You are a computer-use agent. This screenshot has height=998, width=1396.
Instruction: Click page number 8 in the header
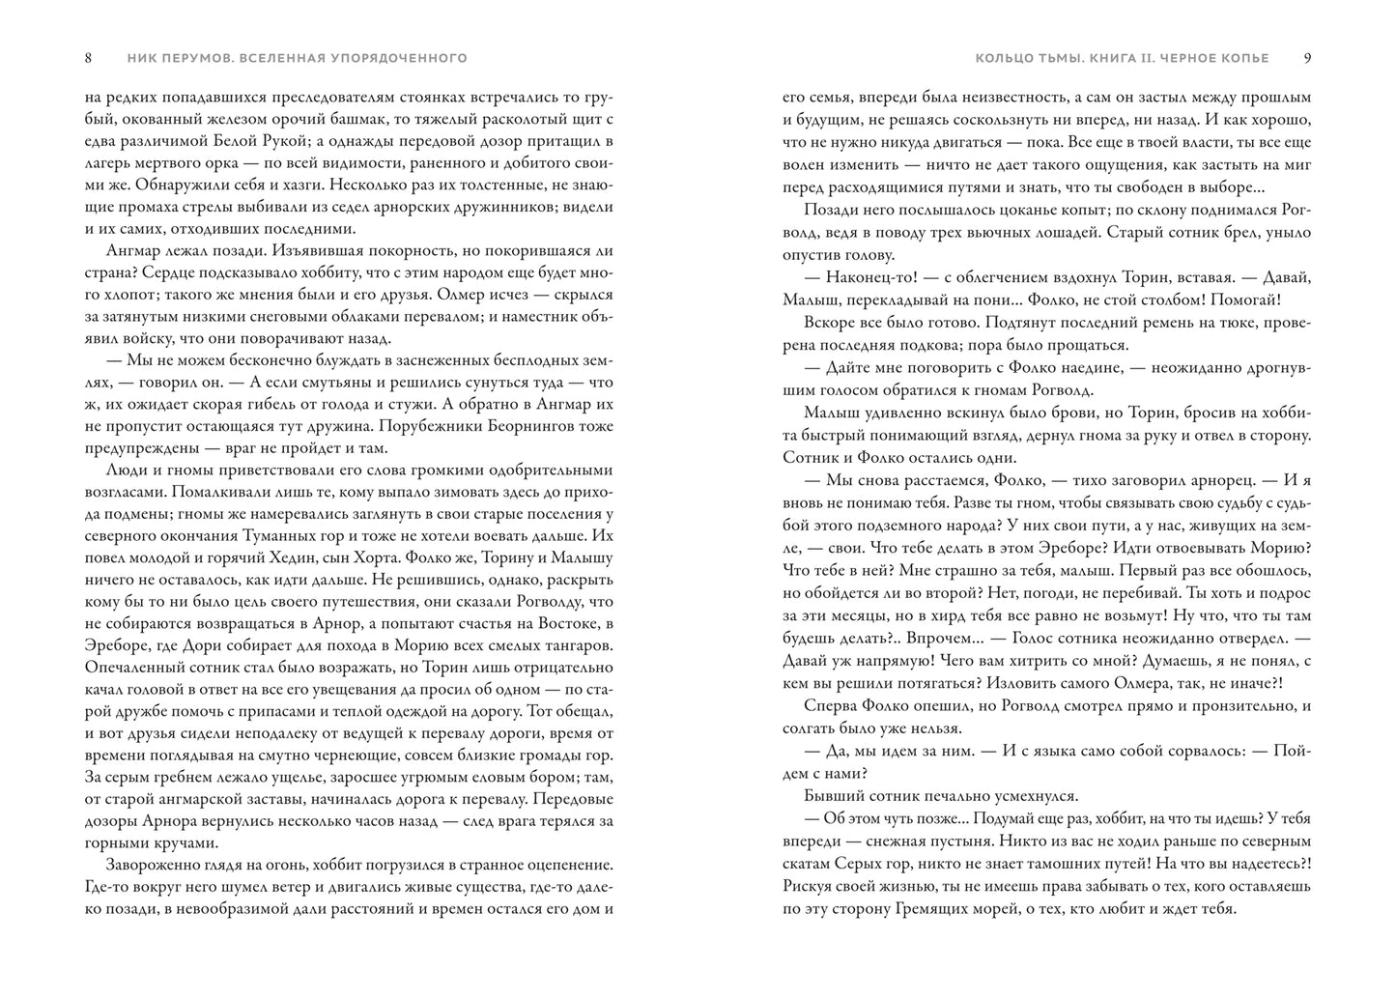coord(88,58)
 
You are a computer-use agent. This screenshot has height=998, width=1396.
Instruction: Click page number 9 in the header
coord(1307,58)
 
